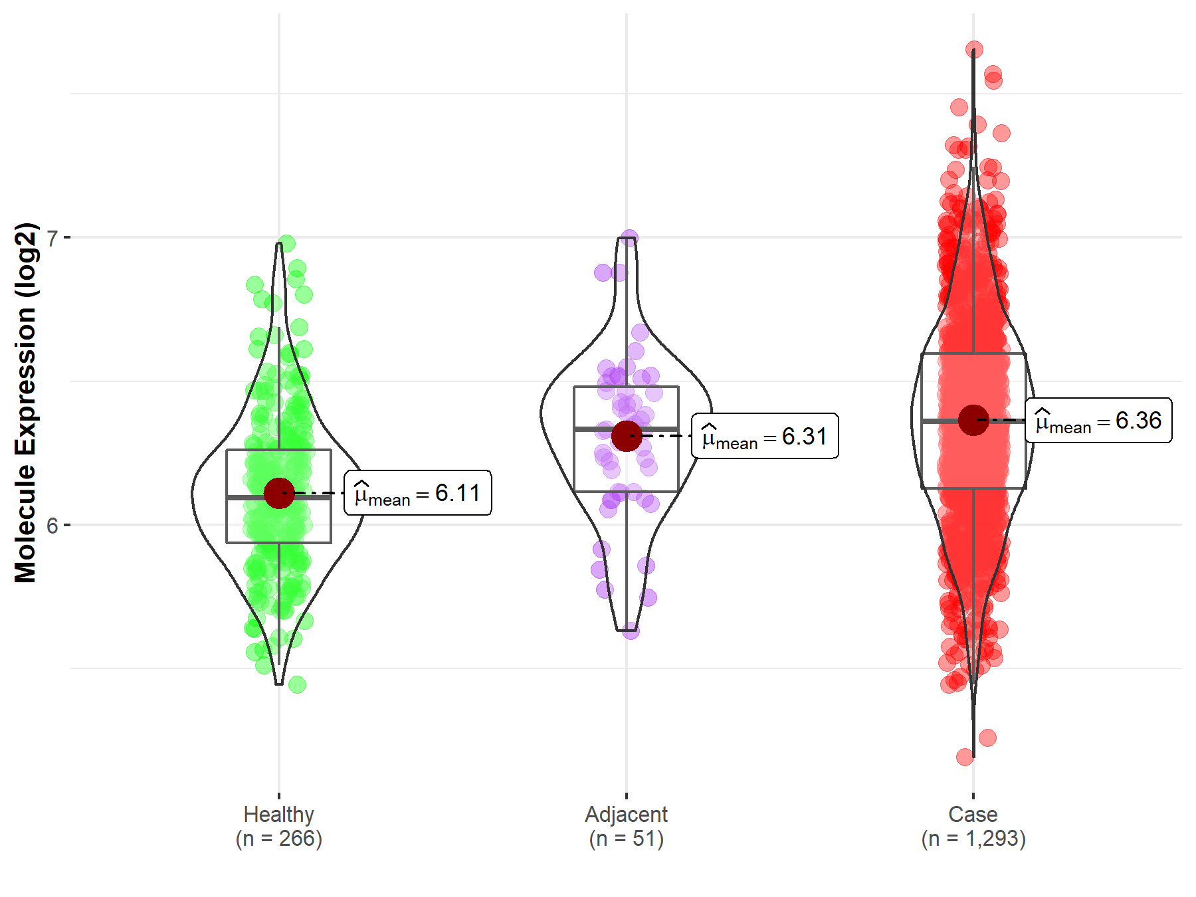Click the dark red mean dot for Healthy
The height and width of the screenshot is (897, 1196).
tap(279, 493)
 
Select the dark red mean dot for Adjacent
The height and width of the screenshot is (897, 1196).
tap(627, 436)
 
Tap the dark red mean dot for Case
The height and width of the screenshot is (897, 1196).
tap(973, 421)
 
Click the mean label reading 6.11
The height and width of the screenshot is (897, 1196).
tap(418, 493)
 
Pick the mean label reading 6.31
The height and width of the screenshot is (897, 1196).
tap(765, 437)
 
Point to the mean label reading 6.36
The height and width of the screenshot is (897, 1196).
tap(1098, 421)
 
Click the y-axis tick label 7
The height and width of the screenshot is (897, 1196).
tap(52, 237)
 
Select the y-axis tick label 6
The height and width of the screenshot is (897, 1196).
tap(52, 526)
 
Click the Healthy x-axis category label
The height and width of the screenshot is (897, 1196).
tap(279, 814)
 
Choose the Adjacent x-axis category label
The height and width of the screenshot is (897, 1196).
tap(627, 814)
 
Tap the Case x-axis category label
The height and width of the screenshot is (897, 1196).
tap(973, 814)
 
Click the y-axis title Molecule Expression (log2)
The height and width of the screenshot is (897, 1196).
tap(25, 403)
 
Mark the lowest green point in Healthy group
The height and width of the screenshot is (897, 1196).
tap(297, 684)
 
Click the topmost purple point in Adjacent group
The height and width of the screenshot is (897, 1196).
tap(630, 237)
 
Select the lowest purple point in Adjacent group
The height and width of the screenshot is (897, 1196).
tap(631, 631)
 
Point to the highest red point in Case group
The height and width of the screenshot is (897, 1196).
tap(974, 50)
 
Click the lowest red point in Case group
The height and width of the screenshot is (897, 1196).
tap(965, 756)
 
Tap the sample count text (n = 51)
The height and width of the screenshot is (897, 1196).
tap(627, 839)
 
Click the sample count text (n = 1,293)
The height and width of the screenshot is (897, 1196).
tap(973, 839)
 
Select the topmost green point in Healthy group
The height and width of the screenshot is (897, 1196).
tap(287, 243)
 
